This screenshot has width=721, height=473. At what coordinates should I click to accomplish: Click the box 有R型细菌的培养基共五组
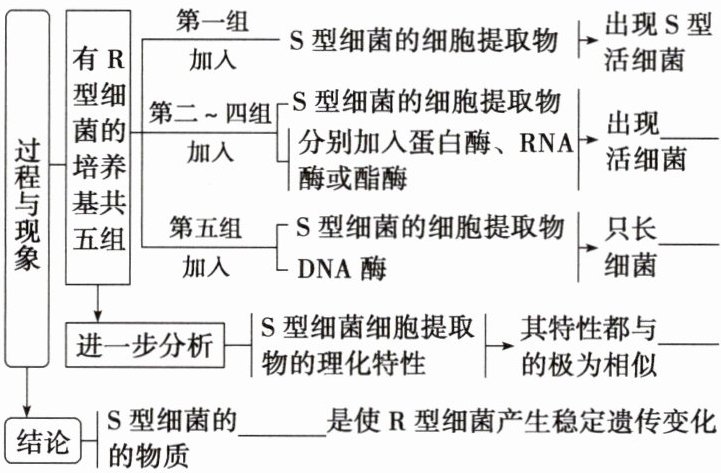point(98,154)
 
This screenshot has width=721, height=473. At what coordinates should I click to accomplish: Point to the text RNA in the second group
point(545,139)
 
